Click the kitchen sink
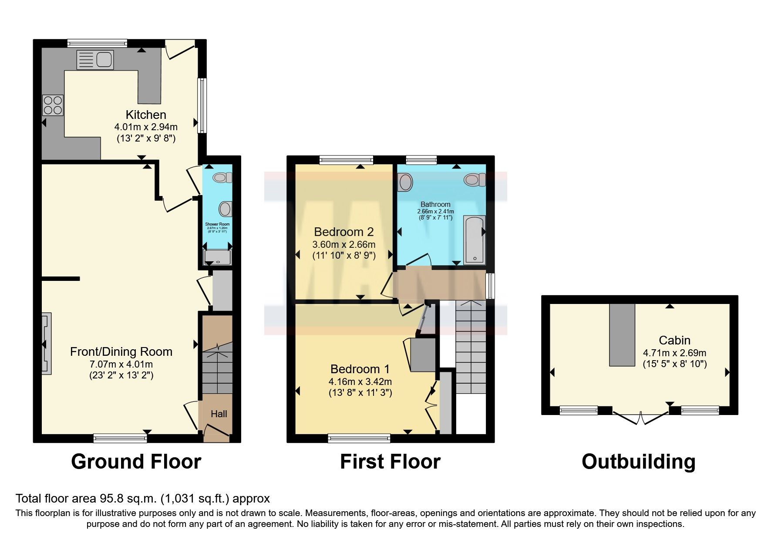(x=95, y=60)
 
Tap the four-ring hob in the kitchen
(x=53, y=105)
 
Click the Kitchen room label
(x=146, y=115)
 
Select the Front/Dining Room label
(x=121, y=352)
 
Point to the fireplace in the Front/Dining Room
(x=47, y=344)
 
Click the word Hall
(x=219, y=414)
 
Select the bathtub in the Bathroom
(x=474, y=239)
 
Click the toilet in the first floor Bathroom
(x=475, y=179)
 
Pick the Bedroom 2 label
(x=343, y=232)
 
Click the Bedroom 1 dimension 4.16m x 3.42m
(x=360, y=382)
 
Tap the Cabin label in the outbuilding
(x=674, y=341)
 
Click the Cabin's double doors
(x=640, y=417)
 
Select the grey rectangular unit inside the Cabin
(x=622, y=334)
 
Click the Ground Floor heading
(x=136, y=462)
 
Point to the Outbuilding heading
(x=638, y=462)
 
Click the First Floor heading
(x=390, y=462)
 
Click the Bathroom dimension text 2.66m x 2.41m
(x=435, y=211)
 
